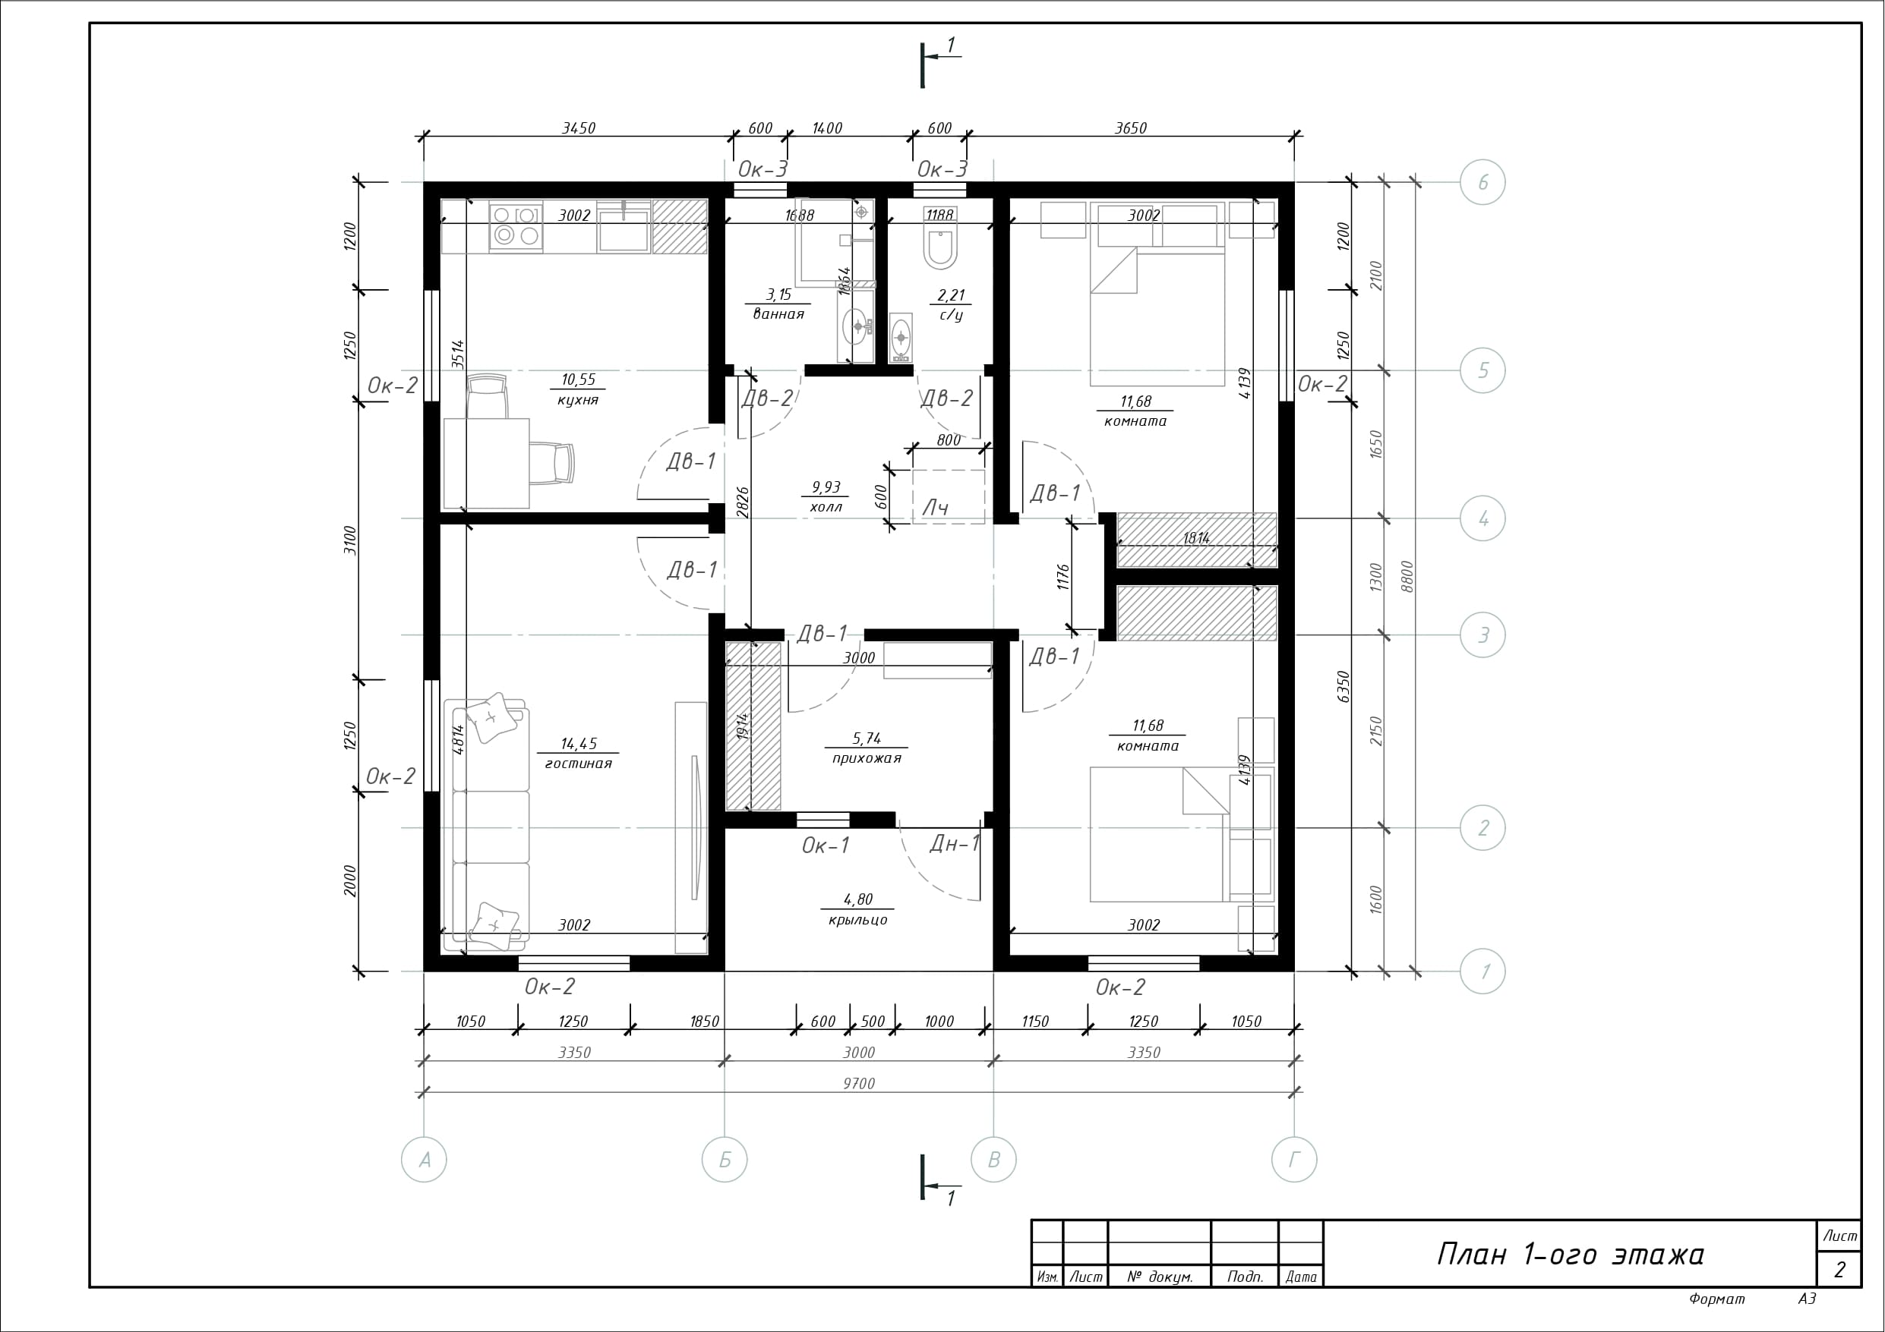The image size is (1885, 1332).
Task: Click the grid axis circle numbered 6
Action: [1482, 182]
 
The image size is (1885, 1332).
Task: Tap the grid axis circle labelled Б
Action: [725, 1160]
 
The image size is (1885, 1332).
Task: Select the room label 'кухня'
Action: [578, 401]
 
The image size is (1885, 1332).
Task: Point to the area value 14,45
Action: [579, 744]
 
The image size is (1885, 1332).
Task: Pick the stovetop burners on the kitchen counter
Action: [516, 225]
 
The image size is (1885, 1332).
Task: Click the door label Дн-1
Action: [954, 844]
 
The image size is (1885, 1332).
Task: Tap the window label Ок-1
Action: [825, 845]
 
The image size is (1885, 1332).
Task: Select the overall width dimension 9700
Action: [859, 1083]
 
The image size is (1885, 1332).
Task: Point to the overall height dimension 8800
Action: [1407, 577]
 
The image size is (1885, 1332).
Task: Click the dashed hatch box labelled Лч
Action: [949, 496]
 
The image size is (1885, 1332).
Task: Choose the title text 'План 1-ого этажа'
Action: [1570, 1255]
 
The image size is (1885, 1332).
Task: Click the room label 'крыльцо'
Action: [858, 920]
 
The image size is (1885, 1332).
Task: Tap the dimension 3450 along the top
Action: [578, 128]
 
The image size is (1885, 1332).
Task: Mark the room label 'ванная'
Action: [778, 313]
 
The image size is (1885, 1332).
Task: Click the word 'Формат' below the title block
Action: [1716, 1299]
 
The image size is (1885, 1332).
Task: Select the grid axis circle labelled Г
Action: [1294, 1160]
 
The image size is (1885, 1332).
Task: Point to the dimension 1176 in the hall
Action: [1063, 577]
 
